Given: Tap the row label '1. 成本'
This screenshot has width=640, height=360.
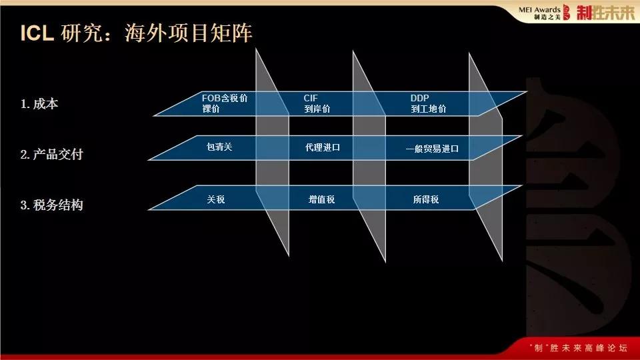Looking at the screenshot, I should pyautogui.click(x=40, y=104).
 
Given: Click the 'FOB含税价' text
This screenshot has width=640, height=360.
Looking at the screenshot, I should pyautogui.click(x=225, y=98).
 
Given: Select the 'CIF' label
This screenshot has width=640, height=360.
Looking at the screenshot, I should pyautogui.click(x=311, y=98).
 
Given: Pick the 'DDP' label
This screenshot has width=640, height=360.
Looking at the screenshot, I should pyautogui.click(x=419, y=98).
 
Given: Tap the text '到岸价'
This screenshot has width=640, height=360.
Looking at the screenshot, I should pyautogui.click(x=317, y=109).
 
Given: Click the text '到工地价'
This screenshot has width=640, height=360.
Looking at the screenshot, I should pyautogui.click(x=429, y=109).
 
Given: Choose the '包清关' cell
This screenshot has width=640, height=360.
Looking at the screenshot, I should pyautogui.click(x=219, y=147).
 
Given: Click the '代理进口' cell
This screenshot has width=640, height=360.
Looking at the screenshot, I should pyautogui.click(x=323, y=147).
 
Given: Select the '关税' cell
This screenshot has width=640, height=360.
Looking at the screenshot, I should pyautogui.click(x=216, y=199).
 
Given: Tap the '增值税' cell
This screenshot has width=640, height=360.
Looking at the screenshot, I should pyautogui.click(x=322, y=199).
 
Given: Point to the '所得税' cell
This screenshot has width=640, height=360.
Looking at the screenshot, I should pyautogui.click(x=426, y=199).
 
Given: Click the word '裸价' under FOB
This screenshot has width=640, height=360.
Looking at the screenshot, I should pyautogui.click(x=211, y=109).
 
